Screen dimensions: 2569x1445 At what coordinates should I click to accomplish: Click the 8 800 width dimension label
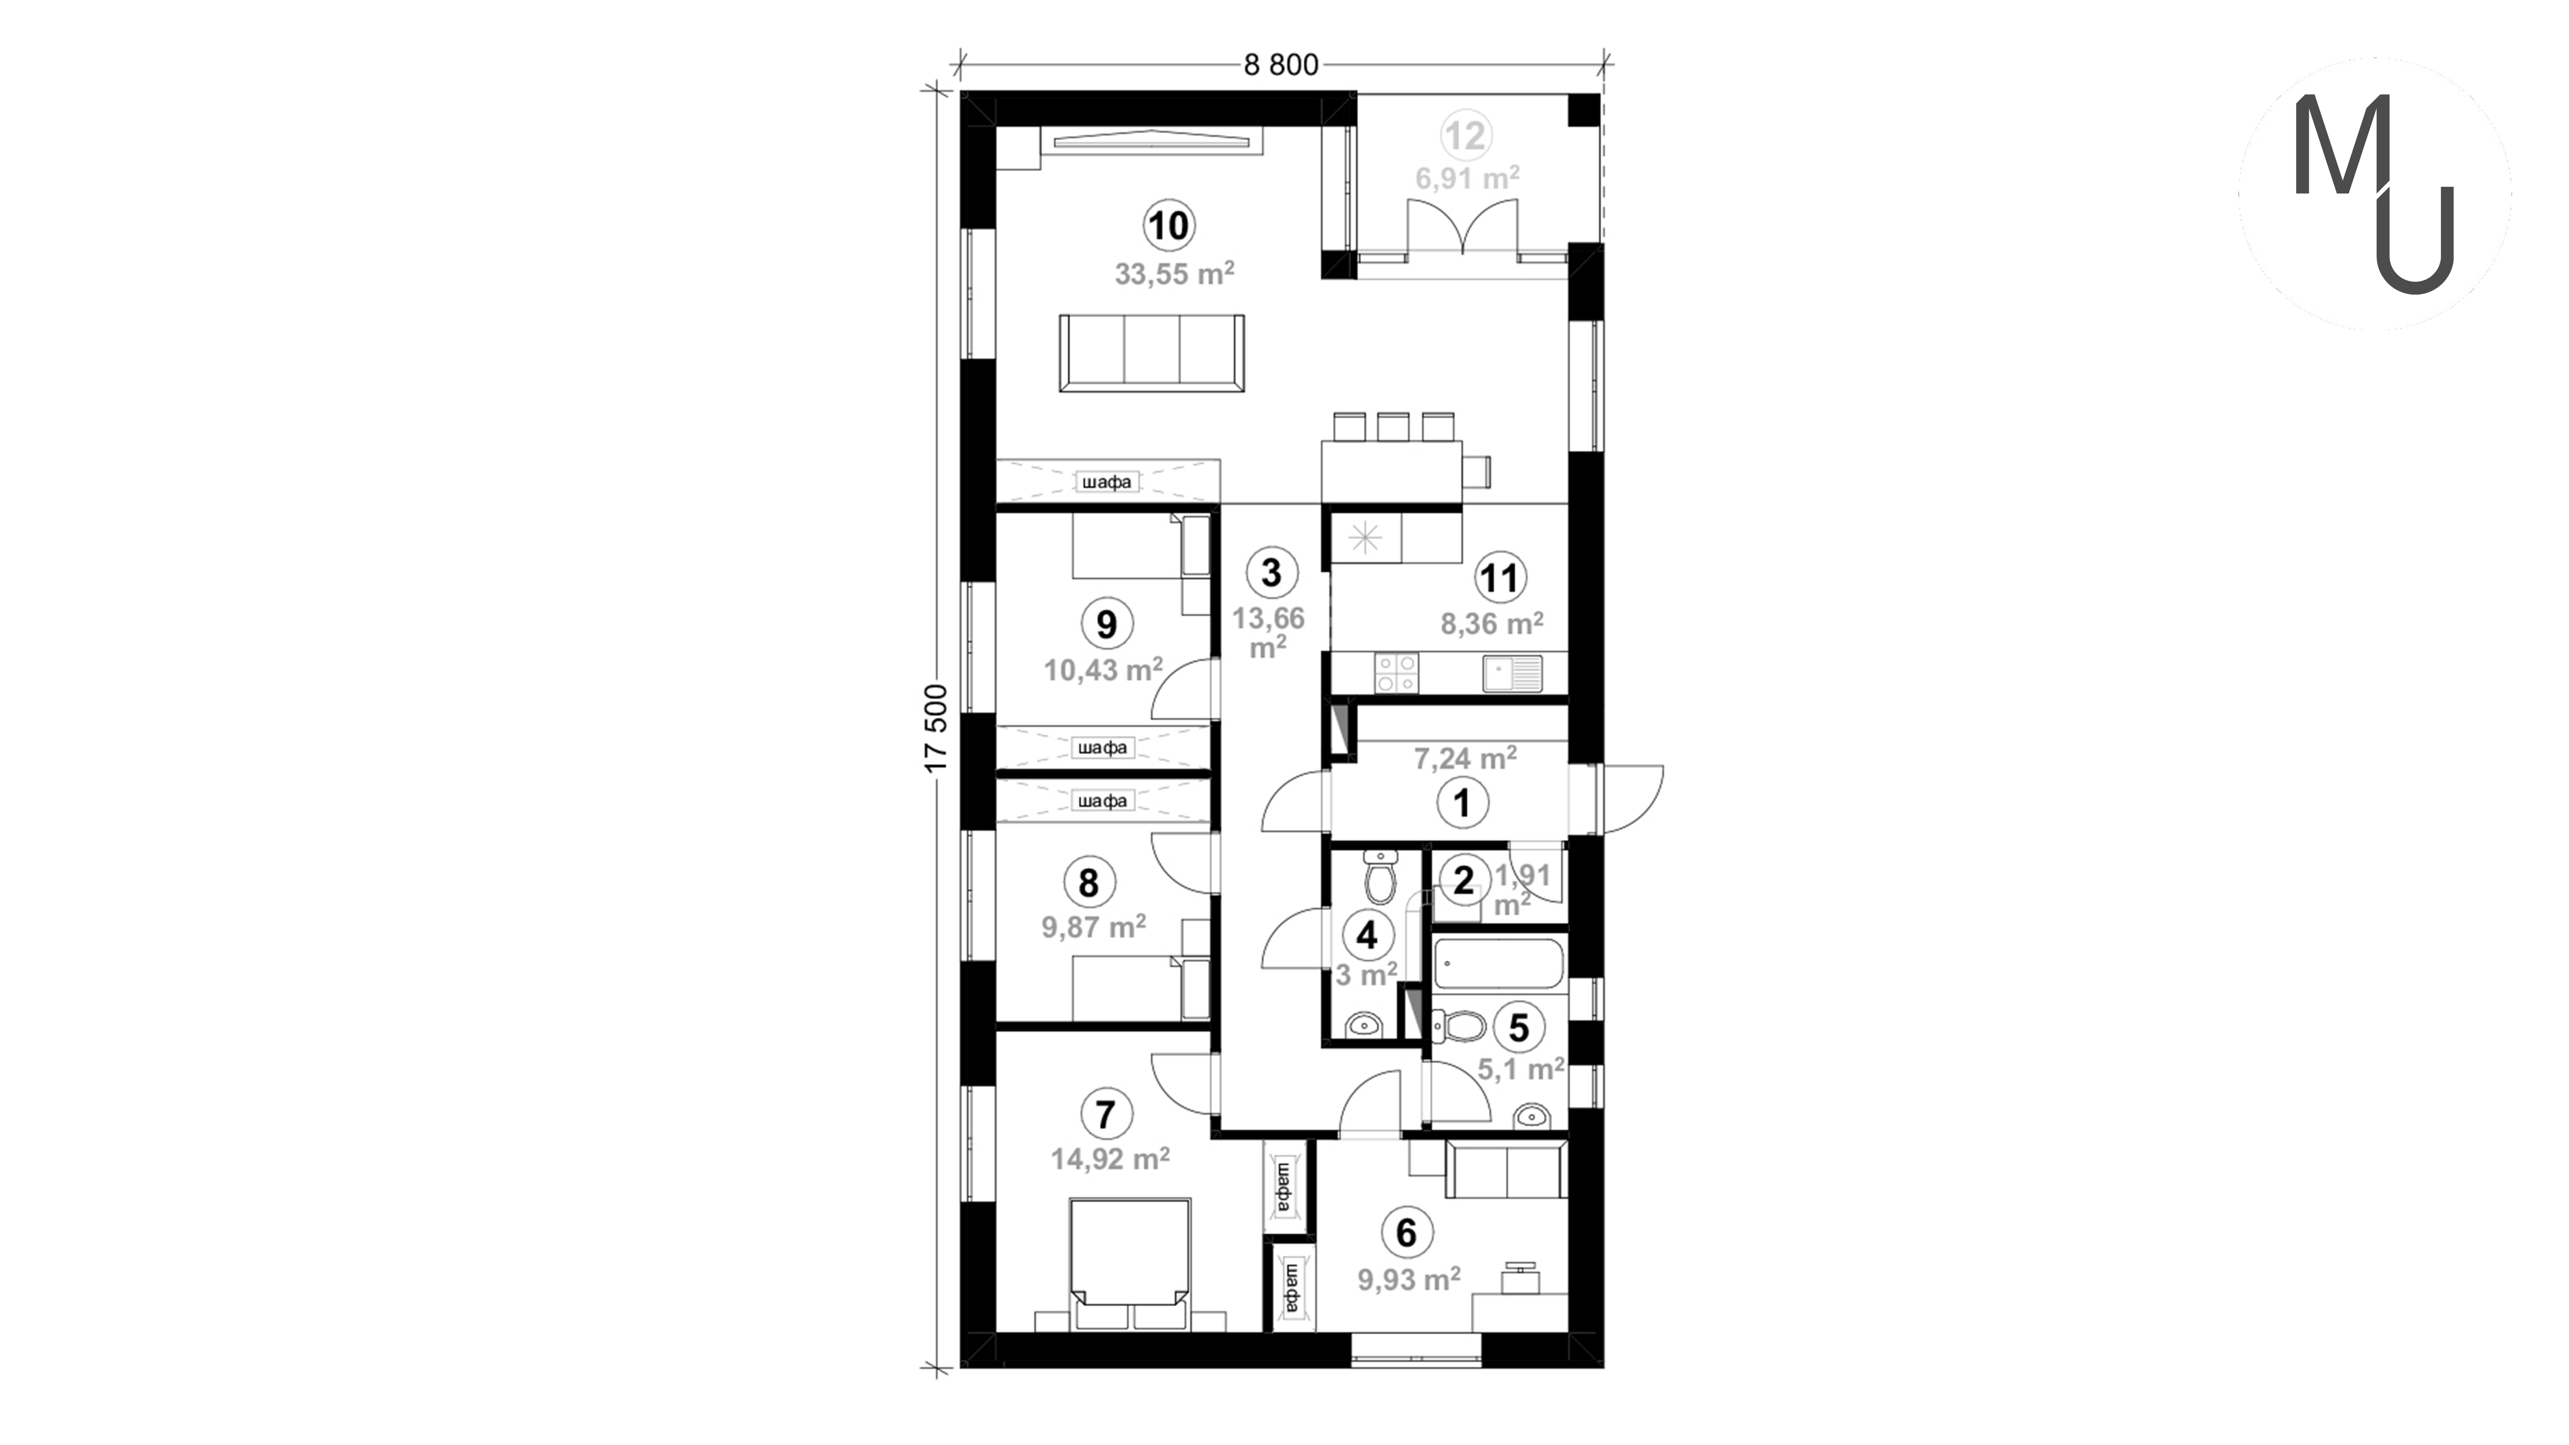(1280, 65)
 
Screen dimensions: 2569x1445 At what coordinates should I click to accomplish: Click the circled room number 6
(1406, 1233)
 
